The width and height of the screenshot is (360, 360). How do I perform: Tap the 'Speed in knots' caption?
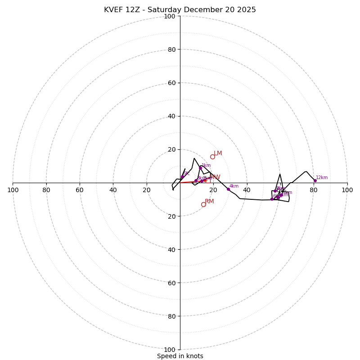coord(180,356)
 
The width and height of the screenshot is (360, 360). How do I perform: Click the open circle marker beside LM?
coord(212,157)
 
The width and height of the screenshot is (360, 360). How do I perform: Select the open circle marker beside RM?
coord(203,204)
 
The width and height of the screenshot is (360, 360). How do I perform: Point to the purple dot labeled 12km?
coord(315,180)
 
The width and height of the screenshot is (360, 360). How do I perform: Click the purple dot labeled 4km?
coord(228,189)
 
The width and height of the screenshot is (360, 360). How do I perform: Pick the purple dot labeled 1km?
coord(200,168)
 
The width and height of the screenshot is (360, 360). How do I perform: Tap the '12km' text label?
coord(322,177)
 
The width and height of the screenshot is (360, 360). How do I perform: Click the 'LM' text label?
coord(218,153)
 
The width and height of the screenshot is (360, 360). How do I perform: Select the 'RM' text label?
coord(209,202)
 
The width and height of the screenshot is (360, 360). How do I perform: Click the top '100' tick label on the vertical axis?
coord(170,16)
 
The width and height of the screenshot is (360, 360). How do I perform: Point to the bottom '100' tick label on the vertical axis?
coord(170,350)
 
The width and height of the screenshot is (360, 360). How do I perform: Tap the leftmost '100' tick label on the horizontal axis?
coord(13,190)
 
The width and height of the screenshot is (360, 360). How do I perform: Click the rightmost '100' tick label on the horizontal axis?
coord(347,190)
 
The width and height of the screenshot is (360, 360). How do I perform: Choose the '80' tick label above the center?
coord(171,49)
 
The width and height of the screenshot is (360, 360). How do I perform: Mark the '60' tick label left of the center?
coord(80,190)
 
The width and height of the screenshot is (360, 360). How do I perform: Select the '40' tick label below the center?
coord(171,250)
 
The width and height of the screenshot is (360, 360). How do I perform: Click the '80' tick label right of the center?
coord(314,190)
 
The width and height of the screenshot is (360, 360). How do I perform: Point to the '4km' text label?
coord(234,186)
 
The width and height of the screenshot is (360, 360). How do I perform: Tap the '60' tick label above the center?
coord(171,83)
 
